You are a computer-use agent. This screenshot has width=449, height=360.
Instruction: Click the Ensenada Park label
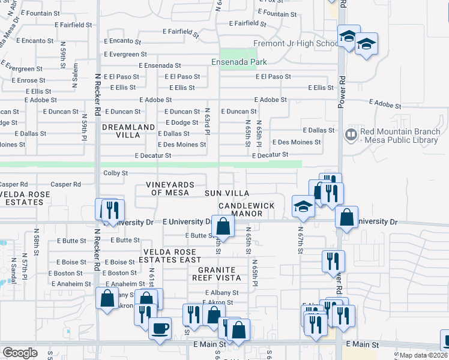point(239,61)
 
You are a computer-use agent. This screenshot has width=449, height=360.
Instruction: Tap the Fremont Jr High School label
point(296,43)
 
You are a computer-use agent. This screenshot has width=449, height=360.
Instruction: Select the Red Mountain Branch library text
point(399,136)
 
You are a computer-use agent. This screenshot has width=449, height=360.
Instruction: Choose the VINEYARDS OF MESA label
point(170,188)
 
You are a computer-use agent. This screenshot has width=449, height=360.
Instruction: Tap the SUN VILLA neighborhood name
point(227,193)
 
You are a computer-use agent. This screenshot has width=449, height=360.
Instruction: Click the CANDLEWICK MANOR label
point(247,209)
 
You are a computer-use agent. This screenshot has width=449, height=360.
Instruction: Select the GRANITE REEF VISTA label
point(217,273)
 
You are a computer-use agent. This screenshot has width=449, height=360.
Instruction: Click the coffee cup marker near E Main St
point(160,328)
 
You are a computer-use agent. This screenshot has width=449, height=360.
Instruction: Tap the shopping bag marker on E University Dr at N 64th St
point(223,226)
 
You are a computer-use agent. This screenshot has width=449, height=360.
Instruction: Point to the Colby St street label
point(116,173)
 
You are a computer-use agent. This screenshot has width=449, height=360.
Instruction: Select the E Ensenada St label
point(160,65)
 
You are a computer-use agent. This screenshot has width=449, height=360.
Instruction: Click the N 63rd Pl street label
point(206,121)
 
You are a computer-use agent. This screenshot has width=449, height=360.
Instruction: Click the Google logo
point(20,353)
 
